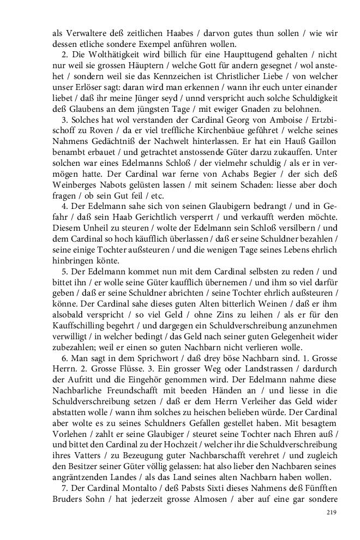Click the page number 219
point(330,512)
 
